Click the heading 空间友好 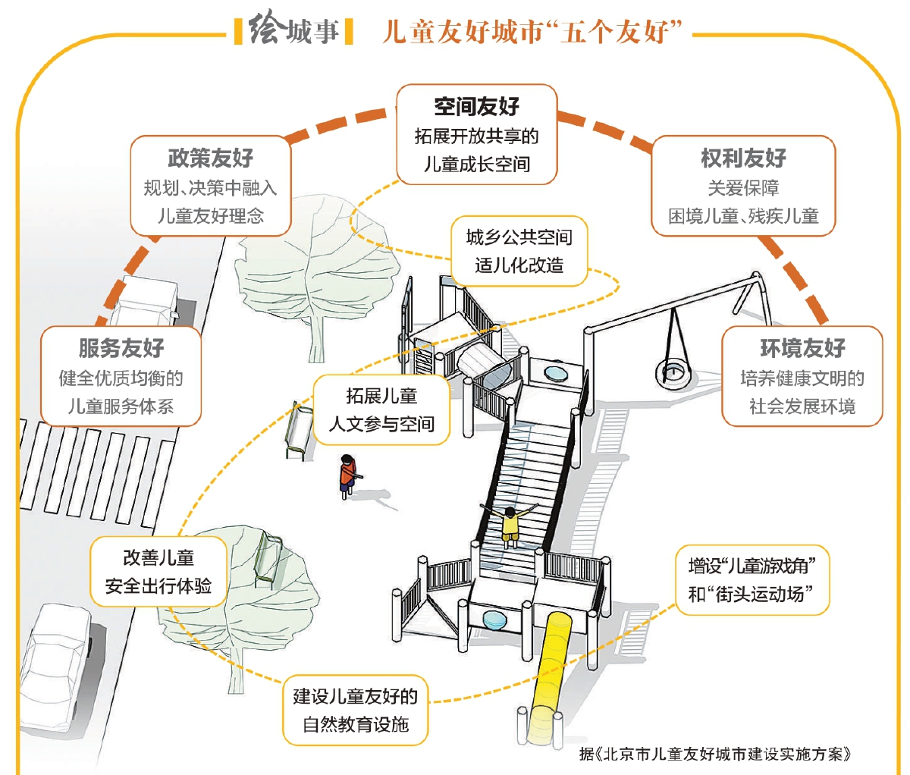pyautogui.click(x=476, y=107)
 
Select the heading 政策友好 pyautogui.click(x=210, y=158)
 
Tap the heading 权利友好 pyautogui.click(x=743, y=158)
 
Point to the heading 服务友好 pyautogui.click(x=121, y=348)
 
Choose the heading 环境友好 pyautogui.click(x=802, y=348)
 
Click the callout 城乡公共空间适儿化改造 pyautogui.click(x=519, y=252)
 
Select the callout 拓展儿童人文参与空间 pyautogui.click(x=381, y=409)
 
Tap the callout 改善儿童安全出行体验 pyautogui.click(x=158, y=572)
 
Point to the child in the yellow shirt pyautogui.click(x=510, y=523)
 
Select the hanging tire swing pyautogui.click(x=672, y=364)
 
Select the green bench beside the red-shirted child pyautogui.click(x=297, y=432)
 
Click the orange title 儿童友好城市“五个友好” pyautogui.click(x=532, y=32)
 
